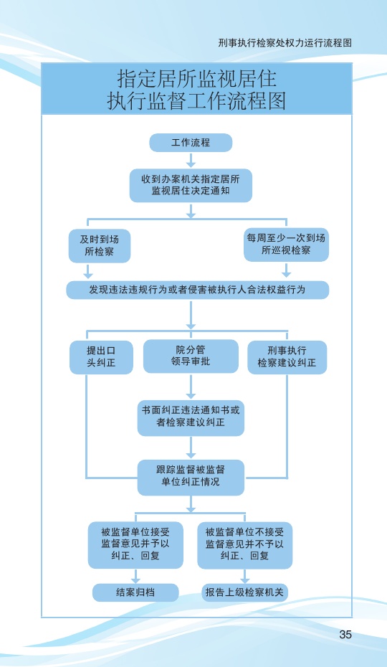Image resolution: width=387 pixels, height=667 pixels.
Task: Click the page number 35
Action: point(345,634)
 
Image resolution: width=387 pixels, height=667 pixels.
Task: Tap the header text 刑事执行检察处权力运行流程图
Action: point(285,43)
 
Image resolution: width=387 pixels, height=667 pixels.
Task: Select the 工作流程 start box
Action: point(191,143)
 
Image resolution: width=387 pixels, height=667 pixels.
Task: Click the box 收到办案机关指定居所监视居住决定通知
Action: point(191,185)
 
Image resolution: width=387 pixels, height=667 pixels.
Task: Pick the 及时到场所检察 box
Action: point(100,245)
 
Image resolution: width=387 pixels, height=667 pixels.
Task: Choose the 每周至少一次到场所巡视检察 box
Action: point(286,245)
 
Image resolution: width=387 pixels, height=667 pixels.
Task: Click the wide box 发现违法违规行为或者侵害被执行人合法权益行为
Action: point(197,290)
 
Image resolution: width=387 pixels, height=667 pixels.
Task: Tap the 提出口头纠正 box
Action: point(101,357)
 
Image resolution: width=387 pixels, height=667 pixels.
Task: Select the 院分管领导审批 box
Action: point(191,356)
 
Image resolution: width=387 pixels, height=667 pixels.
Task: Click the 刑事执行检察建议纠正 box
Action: point(287,357)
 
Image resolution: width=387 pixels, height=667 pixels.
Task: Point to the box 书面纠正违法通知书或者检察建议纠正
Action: point(191,417)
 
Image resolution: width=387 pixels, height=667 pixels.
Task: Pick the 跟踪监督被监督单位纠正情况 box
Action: point(191,477)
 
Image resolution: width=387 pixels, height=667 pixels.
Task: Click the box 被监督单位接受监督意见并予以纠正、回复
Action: point(135,544)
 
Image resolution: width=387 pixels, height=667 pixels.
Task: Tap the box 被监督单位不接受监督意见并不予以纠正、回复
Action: point(244,544)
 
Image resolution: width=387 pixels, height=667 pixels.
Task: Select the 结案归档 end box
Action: point(135,592)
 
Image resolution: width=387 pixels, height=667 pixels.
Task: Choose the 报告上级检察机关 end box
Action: point(244,592)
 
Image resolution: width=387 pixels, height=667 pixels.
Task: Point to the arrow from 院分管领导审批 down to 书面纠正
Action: point(191,387)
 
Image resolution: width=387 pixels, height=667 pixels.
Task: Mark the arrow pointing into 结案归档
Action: point(135,575)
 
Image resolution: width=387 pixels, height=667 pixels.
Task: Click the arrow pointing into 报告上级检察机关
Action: point(244,575)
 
